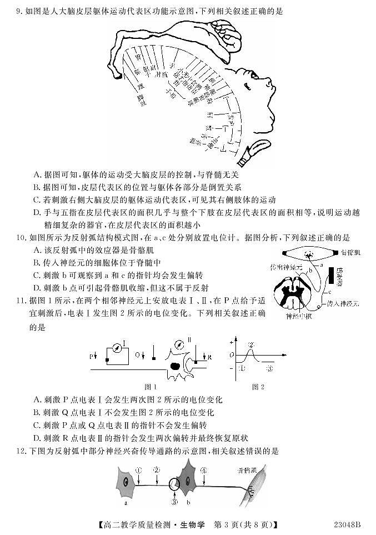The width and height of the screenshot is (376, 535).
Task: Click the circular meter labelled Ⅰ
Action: pyautogui.click(x=118, y=349)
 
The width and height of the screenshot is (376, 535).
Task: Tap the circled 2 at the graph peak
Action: pyautogui.click(x=251, y=345)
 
